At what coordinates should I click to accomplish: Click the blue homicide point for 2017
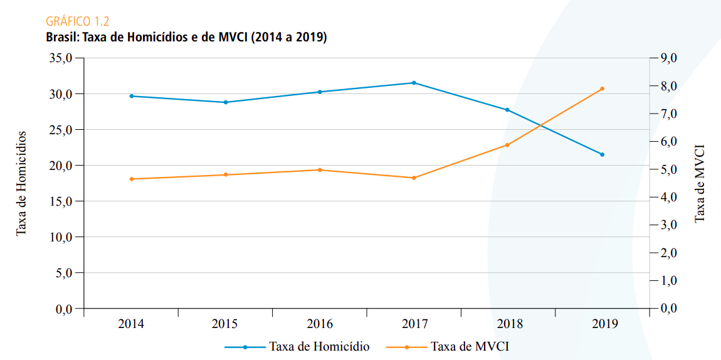(414, 83)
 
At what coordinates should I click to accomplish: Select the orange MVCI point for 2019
(602, 88)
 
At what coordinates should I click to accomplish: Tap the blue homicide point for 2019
(602, 154)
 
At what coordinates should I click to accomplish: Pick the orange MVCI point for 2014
(132, 179)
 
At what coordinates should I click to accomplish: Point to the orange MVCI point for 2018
(508, 145)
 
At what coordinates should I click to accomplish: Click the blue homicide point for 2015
(226, 102)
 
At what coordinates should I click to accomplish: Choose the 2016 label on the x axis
(320, 324)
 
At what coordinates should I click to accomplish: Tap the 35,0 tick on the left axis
(61, 58)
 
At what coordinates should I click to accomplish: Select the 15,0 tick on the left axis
(61, 201)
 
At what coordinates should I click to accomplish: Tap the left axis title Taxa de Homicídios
(22, 183)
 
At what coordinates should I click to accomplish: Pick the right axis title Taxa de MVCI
(700, 183)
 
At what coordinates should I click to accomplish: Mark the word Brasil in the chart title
(60, 37)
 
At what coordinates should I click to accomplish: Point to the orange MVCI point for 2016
(320, 170)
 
